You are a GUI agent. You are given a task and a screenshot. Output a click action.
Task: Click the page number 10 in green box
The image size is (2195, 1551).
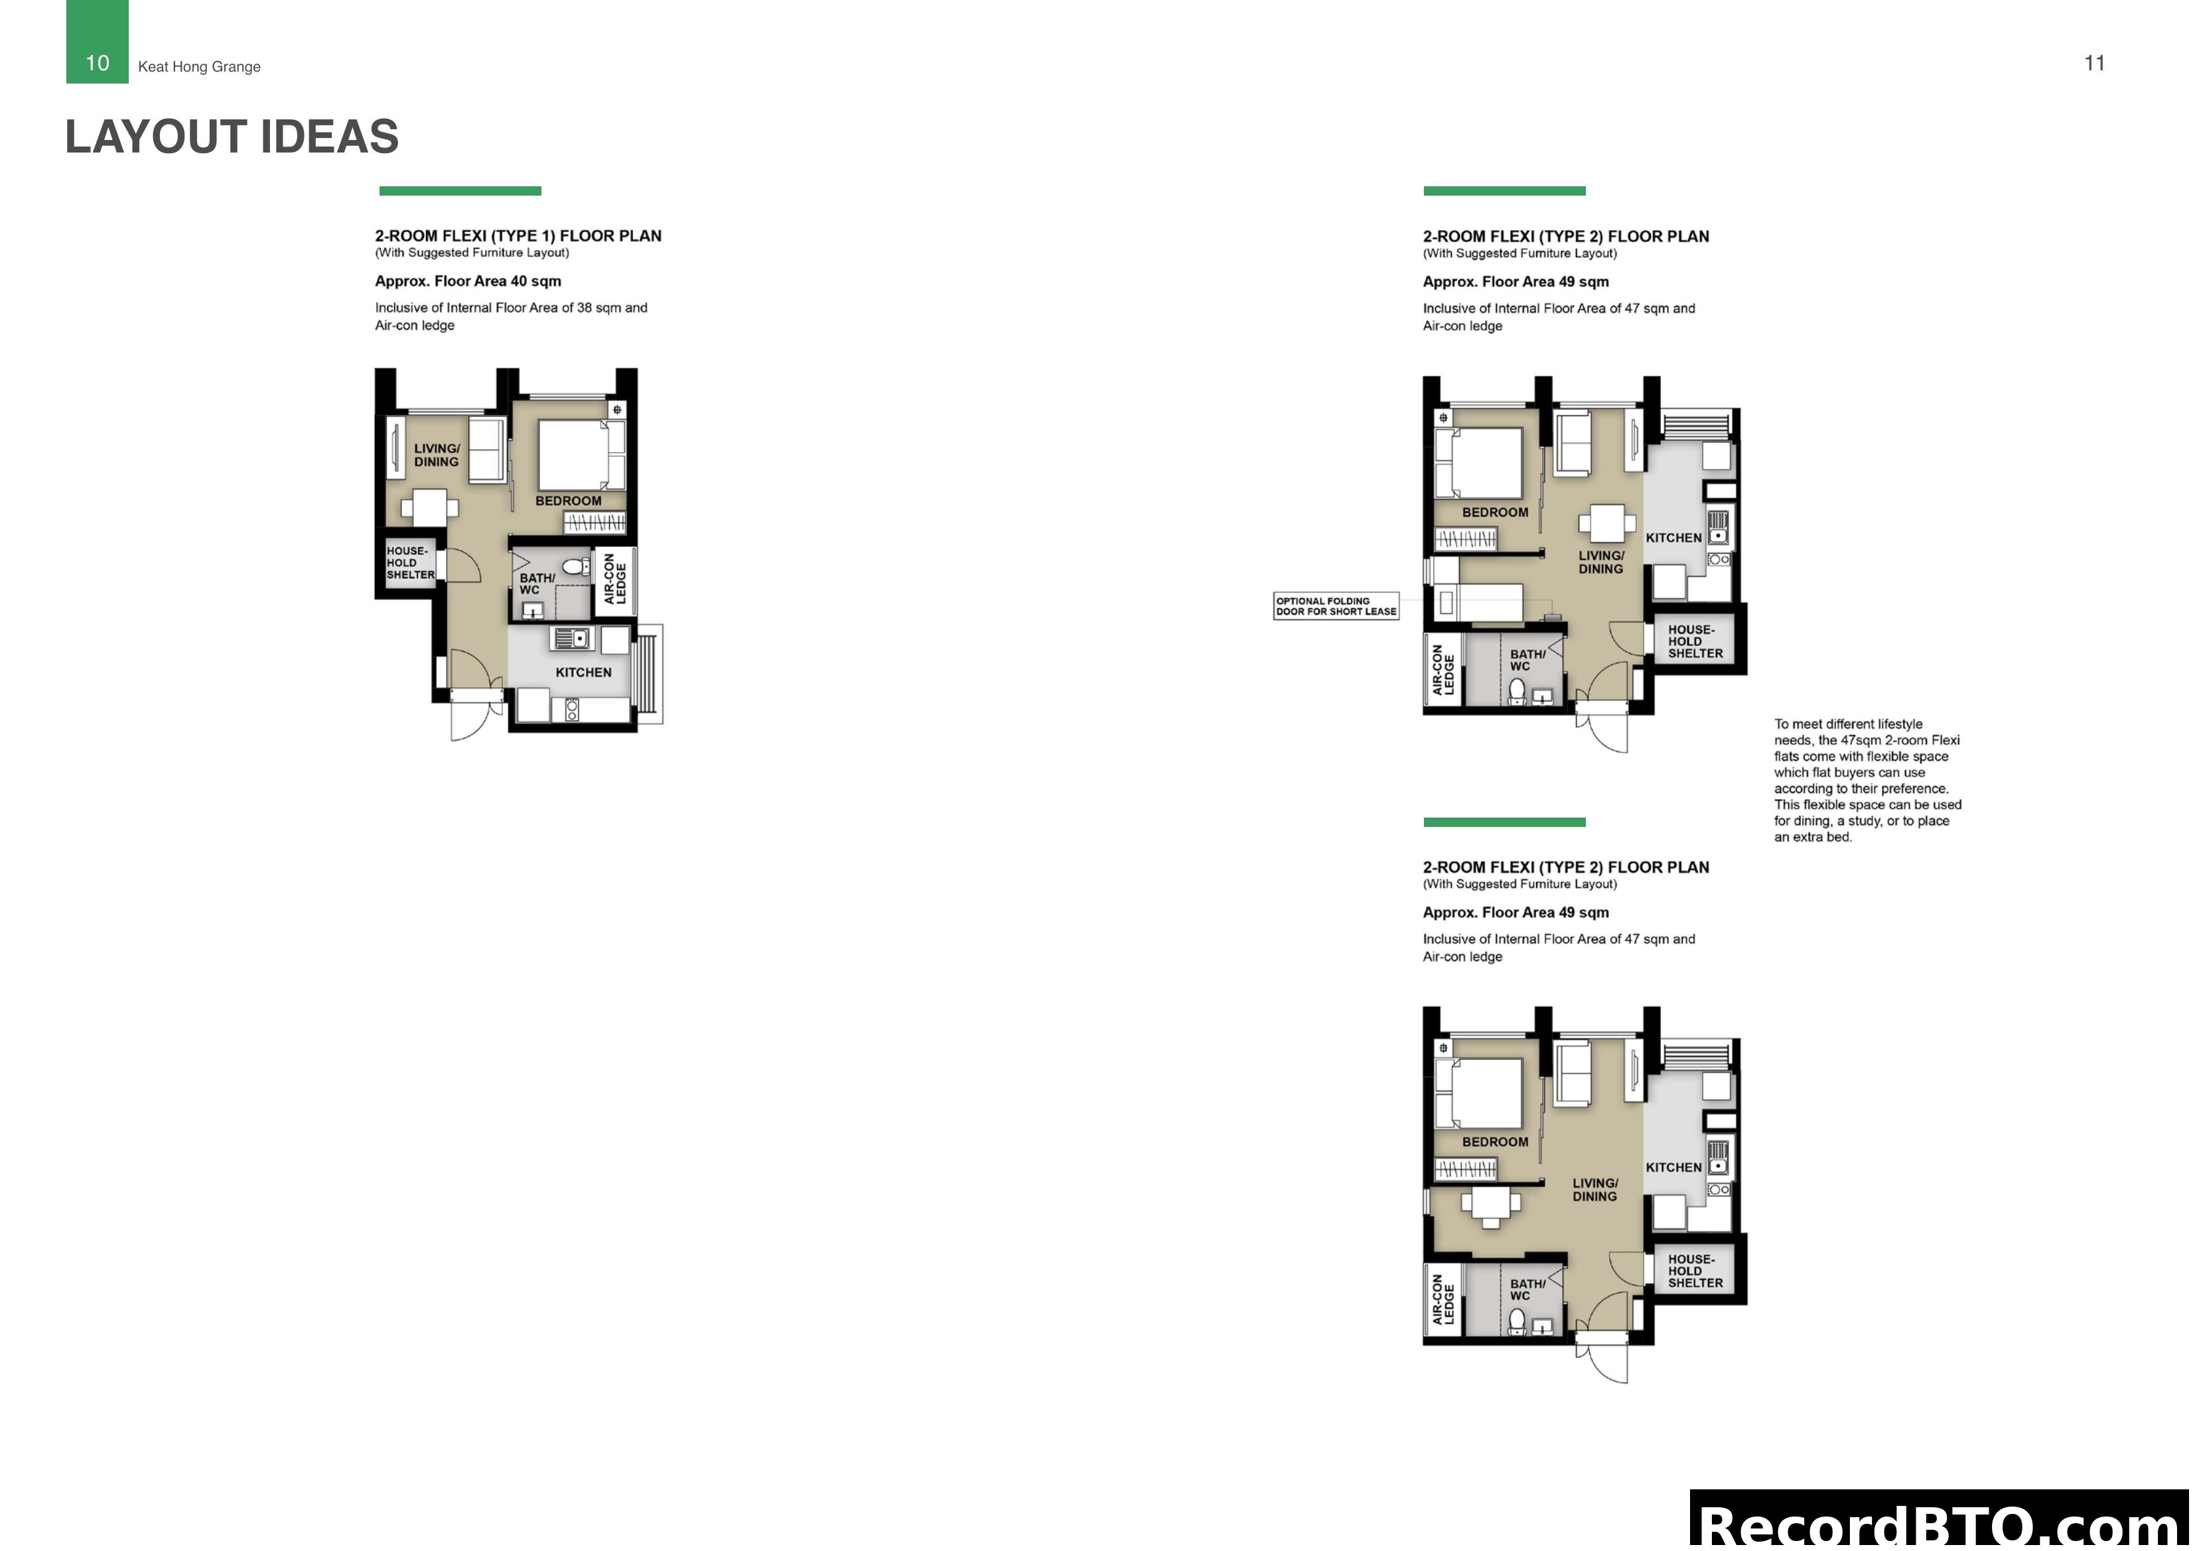(98, 63)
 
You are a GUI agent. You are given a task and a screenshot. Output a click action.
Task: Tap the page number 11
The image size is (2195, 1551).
(2093, 63)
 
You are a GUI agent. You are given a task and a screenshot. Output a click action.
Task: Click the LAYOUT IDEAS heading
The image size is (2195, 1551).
(232, 137)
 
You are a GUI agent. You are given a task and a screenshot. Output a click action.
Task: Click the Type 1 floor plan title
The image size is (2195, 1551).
(517, 236)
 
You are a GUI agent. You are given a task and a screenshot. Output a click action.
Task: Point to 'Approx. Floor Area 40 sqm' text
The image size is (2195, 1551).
(468, 281)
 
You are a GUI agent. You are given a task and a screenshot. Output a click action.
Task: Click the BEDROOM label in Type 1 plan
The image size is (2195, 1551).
(568, 501)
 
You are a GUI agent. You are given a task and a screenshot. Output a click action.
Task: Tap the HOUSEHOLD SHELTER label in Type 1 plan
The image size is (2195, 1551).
(410, 563)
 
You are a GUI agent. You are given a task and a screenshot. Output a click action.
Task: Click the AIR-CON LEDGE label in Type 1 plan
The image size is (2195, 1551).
(614, 579)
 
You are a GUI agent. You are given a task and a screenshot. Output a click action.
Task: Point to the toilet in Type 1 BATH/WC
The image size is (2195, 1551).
(575, 567)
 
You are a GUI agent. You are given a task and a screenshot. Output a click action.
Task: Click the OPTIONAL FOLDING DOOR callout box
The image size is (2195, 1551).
(1336, 606)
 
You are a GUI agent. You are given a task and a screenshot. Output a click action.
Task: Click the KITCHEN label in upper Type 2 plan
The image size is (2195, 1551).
(1673, 538)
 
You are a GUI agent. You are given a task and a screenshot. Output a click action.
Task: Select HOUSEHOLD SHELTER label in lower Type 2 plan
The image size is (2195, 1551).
(1695, 1271)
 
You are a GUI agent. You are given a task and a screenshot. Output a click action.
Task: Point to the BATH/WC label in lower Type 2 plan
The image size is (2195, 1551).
(1527, 1289)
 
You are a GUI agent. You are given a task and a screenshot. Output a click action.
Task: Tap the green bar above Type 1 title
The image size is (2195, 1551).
(460, 191)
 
